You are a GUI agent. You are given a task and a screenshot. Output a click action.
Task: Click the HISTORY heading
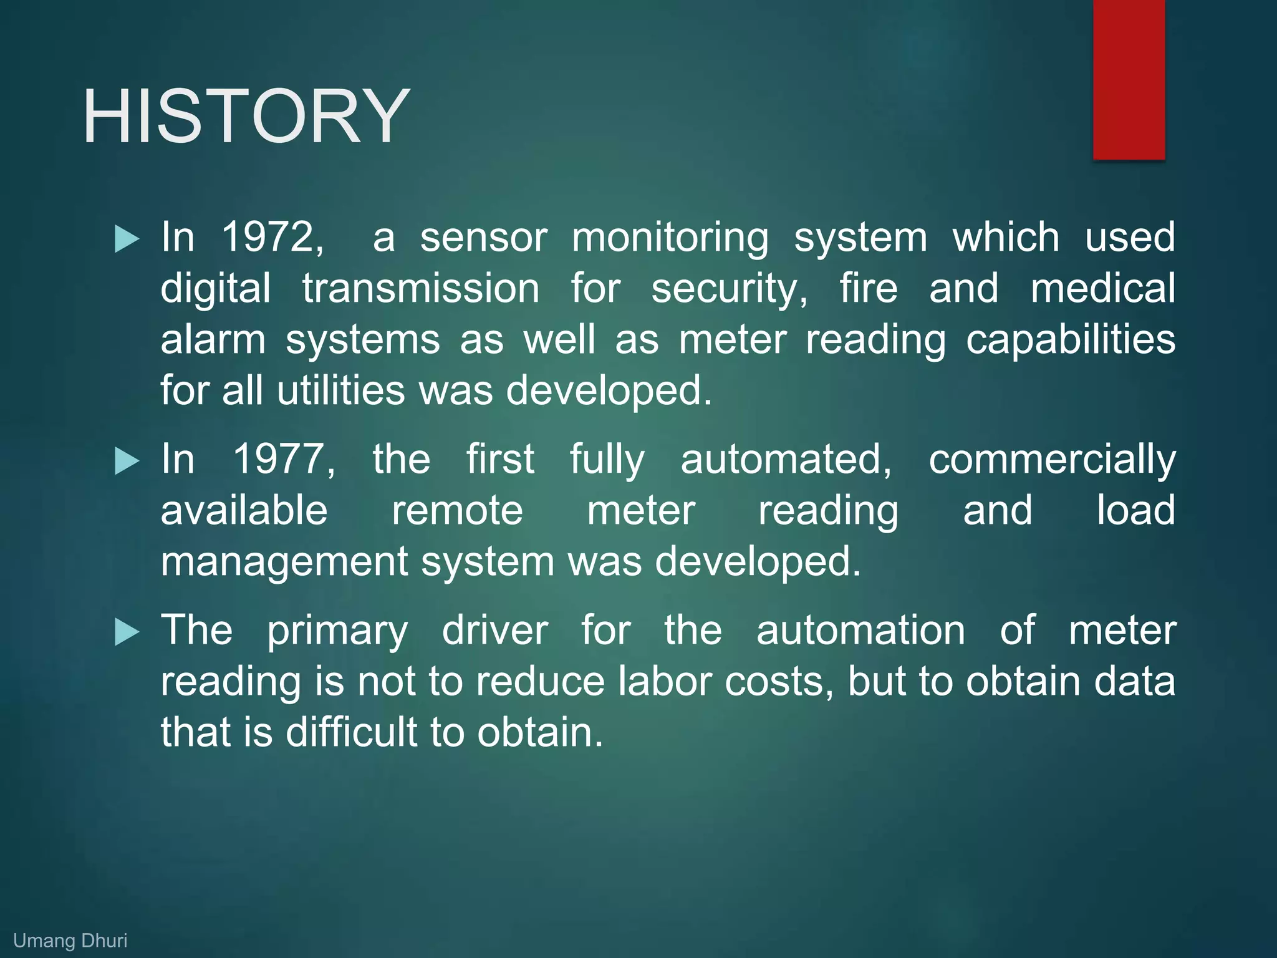click(x=246, y=117)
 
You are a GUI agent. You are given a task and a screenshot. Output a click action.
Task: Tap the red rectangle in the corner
click(x=1129, y=79)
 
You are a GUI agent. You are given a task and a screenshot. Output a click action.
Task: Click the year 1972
click(x=272, y=237)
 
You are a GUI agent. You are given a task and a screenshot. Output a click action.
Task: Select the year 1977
click(x=284, y=459)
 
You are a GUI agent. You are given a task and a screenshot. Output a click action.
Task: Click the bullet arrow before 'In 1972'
click(x=127, y=239)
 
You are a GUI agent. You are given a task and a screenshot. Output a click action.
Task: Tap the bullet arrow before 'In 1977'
click(x=127, y=462)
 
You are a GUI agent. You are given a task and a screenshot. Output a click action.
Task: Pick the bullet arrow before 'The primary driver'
click(x=127, y=632)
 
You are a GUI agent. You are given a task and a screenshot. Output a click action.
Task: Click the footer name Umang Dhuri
click(x=70, y=941)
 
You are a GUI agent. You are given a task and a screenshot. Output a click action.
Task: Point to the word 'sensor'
click(x=483, y=237)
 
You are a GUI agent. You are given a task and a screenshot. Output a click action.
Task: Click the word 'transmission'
click(x=421, y=288)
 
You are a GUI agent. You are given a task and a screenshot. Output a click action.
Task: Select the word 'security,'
click(x=730, y=289)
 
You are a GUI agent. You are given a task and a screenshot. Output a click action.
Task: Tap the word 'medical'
click(x=1102, y=288)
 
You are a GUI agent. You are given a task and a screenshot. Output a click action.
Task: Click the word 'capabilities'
click(x=1070, y=341)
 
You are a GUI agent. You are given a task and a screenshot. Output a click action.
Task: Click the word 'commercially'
click(x=1052, y=460)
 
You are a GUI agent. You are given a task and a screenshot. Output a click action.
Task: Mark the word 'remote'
click(x=457, y=510)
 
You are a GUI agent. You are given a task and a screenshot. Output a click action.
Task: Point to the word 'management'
click(x=284, y=563)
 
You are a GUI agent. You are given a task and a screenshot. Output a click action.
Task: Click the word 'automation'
click(x=860, y=630)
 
